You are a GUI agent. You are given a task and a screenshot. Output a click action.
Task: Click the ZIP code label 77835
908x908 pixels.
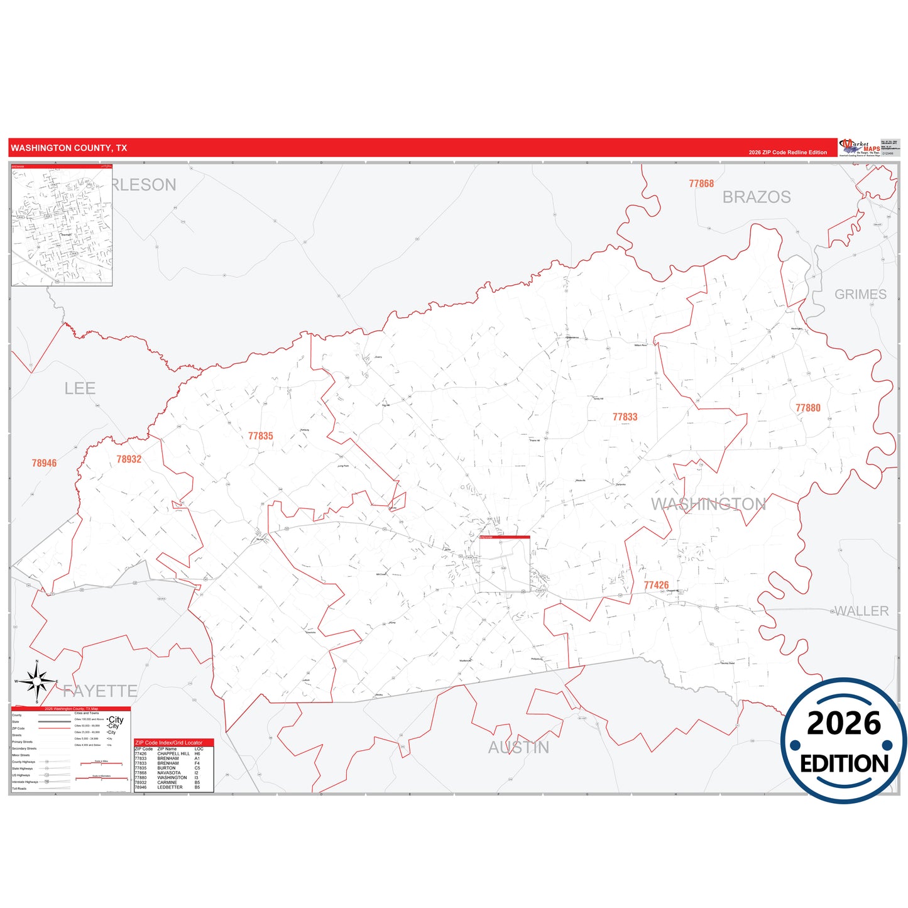[x=260, y=436]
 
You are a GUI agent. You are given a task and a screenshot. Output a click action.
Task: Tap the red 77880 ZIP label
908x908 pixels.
[x=807, y=408]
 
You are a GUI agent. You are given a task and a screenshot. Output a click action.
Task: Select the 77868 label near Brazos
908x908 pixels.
[x=701, y=183]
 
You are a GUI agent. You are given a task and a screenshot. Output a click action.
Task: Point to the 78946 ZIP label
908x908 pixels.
[x=44, y=463]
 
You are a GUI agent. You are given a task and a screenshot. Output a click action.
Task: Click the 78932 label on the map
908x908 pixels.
[x=129, y=459]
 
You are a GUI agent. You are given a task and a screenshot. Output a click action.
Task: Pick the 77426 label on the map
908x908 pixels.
[x=656, y=585]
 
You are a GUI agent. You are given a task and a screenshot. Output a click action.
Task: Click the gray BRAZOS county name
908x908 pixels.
[x=757, y=197]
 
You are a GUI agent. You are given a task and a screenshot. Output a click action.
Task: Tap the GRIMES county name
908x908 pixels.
[x=860, y=294]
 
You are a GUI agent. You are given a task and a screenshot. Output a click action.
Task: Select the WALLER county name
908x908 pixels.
[x=861, y=611]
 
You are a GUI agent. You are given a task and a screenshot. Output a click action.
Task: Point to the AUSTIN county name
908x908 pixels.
[x=518, y=748]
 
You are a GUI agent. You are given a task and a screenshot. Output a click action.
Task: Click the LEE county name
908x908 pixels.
[x=80, y=388]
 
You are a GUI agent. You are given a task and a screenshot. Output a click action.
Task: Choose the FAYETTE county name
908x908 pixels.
[x=100, y=691]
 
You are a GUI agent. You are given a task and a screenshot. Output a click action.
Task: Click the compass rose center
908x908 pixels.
[x=37, y=681]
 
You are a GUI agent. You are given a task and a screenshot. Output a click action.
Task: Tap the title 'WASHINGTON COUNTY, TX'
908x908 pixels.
[x=69, y=148]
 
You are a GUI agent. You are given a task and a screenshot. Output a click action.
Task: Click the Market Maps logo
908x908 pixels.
[x=860, y=148]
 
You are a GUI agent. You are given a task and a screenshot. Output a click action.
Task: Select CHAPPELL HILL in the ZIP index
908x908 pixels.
[x=173, y=753]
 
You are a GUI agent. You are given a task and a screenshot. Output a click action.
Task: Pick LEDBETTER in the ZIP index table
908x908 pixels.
[x=170, y=787]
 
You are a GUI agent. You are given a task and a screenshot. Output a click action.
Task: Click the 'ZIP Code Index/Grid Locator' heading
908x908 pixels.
[x=169, y=743]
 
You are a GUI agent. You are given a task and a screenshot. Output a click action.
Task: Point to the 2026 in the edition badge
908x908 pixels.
[x=843, y=723]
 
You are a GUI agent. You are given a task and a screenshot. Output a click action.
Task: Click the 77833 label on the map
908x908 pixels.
[x=625, y=417]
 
